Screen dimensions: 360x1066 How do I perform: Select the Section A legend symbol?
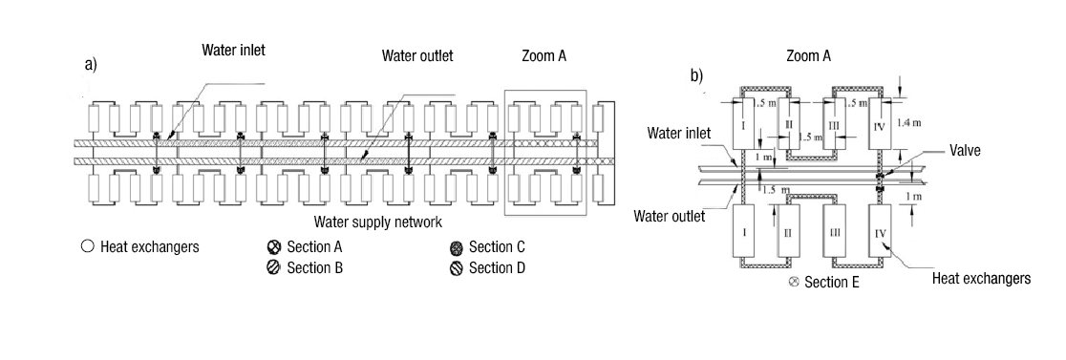273,247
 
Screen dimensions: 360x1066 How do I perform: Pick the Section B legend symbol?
273,267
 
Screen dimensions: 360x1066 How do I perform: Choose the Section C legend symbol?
457,247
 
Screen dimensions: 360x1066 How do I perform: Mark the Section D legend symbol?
457,267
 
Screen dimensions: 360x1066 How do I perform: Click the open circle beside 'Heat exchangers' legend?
87,247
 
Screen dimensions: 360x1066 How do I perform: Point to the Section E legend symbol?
794,283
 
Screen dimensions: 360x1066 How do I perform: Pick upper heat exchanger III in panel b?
834,123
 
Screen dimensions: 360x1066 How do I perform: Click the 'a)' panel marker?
92,65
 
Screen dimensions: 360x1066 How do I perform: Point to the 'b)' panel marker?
697,75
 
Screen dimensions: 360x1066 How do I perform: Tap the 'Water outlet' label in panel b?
670,216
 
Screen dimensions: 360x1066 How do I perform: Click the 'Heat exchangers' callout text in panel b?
981,279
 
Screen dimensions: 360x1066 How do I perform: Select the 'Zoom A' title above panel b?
808,56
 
